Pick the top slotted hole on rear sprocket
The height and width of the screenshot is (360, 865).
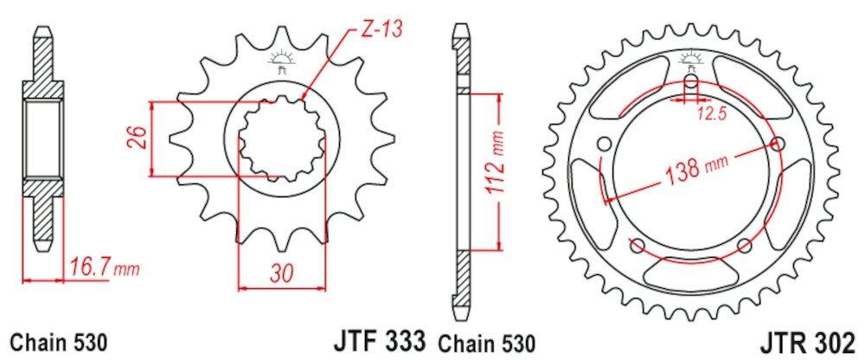tap(691, 87)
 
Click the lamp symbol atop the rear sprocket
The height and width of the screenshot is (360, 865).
tap(692, 60)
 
